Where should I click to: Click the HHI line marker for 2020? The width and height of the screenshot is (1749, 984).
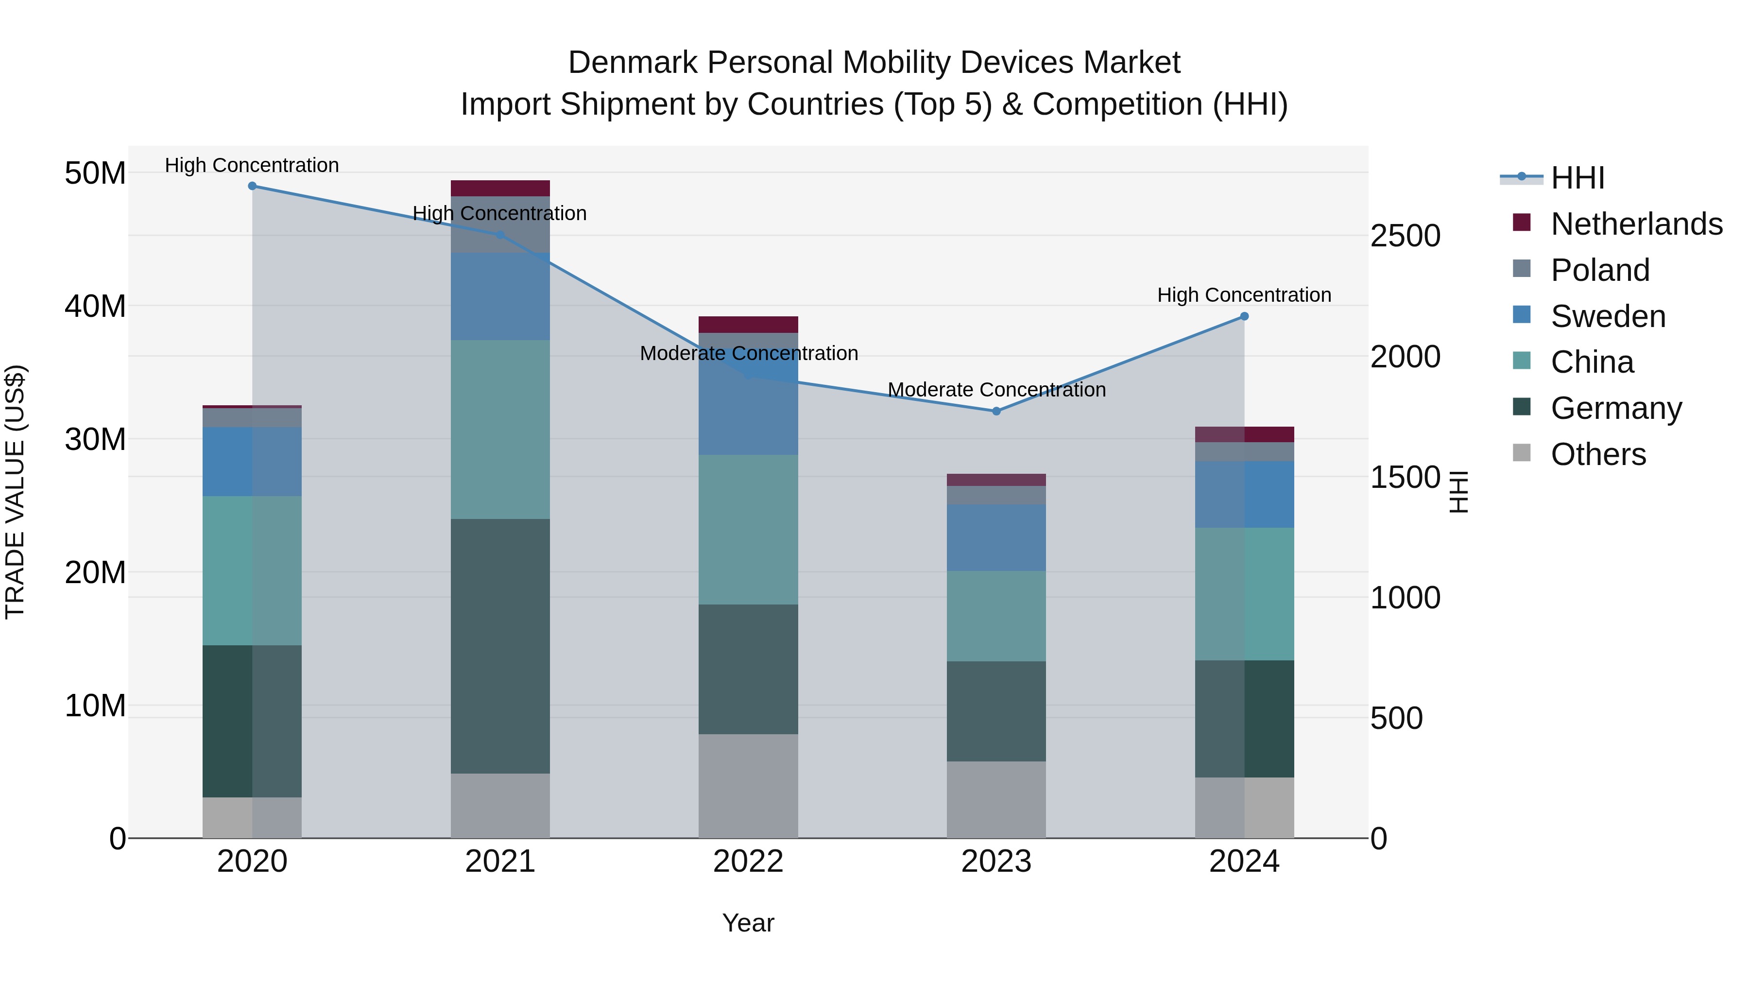(252, 186)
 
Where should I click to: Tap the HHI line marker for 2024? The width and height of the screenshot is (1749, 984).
(1244, 316)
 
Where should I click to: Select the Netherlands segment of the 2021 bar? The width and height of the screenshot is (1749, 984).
(500, 188)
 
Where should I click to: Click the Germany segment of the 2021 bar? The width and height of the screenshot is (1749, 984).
(500, 646)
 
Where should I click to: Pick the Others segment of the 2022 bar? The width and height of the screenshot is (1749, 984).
(748, 786)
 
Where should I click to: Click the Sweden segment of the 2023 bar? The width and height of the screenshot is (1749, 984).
(996, 538)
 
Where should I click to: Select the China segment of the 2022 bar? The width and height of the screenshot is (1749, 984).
(748, 530)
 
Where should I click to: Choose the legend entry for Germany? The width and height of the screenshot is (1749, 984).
(1615, 408)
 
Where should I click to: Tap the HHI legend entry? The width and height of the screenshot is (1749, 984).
(1577, 178)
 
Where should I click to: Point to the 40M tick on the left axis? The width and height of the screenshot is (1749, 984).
(95, 306)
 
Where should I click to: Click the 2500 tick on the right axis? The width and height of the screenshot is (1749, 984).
(1405, 236)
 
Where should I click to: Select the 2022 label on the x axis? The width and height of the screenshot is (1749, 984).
(748, 862)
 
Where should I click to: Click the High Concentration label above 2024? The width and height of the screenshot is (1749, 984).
(1244, 295)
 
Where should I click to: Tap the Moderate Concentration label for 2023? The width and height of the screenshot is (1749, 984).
(996, 390)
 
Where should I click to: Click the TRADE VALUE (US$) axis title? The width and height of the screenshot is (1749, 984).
(15, 492)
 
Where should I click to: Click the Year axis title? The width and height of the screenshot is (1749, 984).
(748, 923)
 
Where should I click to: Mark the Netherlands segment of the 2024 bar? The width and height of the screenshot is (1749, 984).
(1244, 434)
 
